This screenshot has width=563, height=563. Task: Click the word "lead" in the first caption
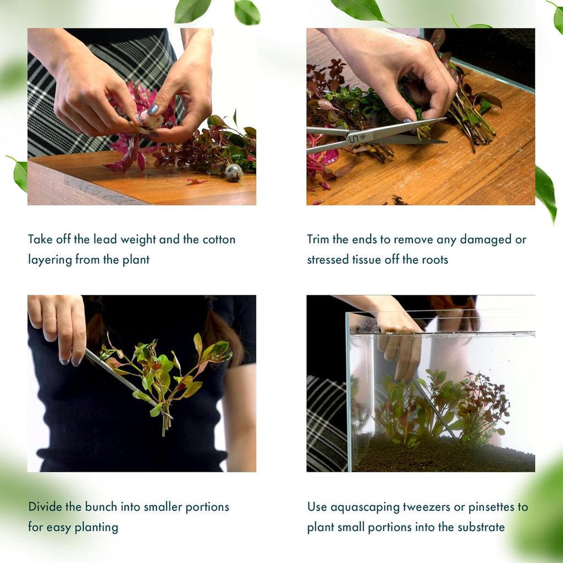[107, 240]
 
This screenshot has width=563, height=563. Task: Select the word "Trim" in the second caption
[318, 240]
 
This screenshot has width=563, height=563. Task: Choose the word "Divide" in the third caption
[45, 507]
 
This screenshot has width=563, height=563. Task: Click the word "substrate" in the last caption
[480, 527]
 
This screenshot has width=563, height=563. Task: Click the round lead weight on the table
[234, 173]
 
